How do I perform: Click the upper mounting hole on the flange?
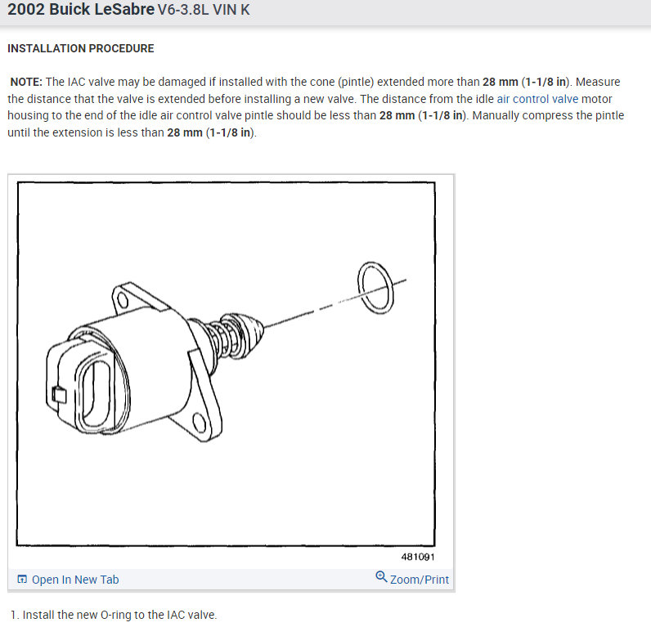[123, 300]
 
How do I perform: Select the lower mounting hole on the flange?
[200, 423]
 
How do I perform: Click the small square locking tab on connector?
[59, 395]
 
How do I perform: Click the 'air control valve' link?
[537, 99]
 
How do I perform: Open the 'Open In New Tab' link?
[75, 580]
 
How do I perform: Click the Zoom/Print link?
[420, 580]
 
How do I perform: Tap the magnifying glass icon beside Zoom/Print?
[381, 576]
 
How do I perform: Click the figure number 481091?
[418, 557]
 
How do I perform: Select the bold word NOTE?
[26, 82]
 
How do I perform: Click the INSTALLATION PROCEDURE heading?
[80, 48]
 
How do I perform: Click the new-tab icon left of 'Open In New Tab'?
[22, 579]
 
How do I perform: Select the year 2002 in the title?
[25, 9]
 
